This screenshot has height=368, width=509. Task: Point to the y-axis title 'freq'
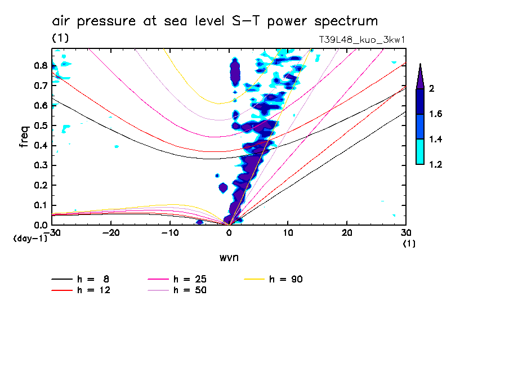pos(24,137)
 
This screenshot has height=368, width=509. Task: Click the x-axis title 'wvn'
pos(229,258)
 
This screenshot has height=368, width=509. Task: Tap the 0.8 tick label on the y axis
pos(40,65)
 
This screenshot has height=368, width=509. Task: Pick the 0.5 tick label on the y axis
pos(40,125)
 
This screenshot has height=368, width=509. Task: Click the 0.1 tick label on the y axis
pos(40,205)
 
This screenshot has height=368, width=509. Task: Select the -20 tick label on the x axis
pos(111,233)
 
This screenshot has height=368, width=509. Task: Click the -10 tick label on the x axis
pos(169,233)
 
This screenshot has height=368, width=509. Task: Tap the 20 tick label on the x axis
pos(347,233)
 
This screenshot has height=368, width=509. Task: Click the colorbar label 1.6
pos(436,114)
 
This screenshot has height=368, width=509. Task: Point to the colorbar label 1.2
pos(436,164)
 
